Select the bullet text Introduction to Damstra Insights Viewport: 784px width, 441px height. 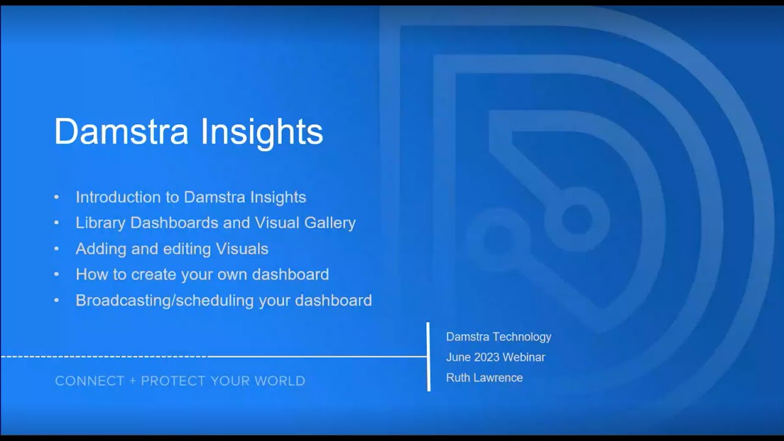click(190, 197)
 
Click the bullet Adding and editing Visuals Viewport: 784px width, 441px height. click(171, 249)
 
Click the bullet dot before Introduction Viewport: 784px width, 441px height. click(57, 197)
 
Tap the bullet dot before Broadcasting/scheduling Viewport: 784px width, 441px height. click(57, 301)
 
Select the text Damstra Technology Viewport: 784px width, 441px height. click(499, 337)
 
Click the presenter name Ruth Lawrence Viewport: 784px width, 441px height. click(484, 378)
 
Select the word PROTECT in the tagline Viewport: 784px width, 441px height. click(173, 381)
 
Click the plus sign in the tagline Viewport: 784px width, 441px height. click(132, 381)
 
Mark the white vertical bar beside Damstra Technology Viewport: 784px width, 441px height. click(428, 356)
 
